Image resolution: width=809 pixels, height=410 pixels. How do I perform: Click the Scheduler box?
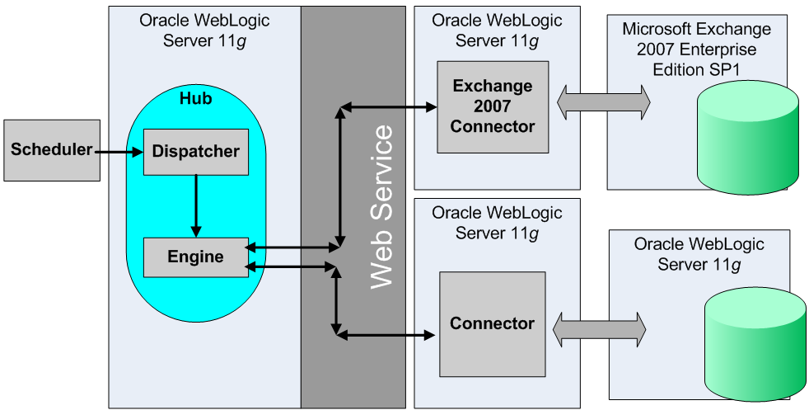pyautogui.click(x=50, y=150)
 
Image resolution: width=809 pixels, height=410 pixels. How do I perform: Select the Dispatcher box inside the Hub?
pyautogui.click(x=195, y=152)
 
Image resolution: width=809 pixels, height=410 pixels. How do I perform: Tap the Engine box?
pyautogui.click(x=195, y=257)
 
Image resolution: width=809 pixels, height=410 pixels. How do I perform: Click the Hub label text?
pyautogui.click(x=195, y=99)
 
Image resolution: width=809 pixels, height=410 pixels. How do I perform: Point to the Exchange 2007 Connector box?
pyautogui.click(x=492, y=106)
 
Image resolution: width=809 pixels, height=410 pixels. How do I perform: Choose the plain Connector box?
pyautogui.click(x=492, y=323)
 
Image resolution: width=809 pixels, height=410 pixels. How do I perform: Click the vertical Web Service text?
pyautogui.click(x=381, y=206)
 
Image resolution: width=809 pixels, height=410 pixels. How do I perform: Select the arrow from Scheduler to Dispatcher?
pyautogui.click(x=119, y=152)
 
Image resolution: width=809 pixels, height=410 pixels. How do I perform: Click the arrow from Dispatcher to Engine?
pyautogui.click(x=195, y=205)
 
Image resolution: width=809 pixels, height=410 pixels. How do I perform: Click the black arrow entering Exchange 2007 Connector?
pyautogui.click(x=388, y=106)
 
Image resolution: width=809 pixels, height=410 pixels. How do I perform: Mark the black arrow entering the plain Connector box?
pyautogui.click(x=386, y=334)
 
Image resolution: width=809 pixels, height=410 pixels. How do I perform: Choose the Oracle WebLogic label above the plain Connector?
pyautogui.click(x=497, y=224)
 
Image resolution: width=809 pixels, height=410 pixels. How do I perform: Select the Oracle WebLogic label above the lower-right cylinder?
pyautogui.click(x=699, y=254)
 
